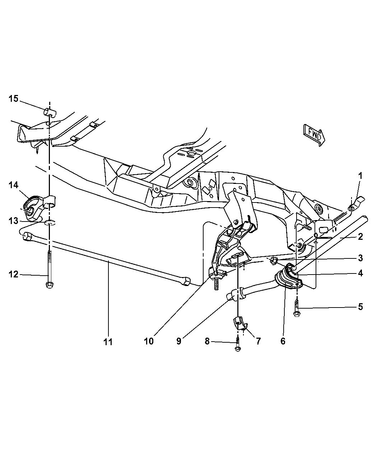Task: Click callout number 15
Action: pos(13,99)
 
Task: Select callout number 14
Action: pos(13,185)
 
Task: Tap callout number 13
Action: pos(13,221)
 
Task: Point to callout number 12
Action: pos(13,275)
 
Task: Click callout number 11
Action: pos(108,342)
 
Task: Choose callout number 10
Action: pos(149,341)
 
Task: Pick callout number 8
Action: pos(207,341)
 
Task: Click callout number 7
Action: pos(258,341)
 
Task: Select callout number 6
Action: pos(283,341)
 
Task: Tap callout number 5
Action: pos(360,307)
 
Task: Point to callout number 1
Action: pos(360,176)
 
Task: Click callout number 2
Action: pos(360,237)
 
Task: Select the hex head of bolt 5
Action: pos(297,314)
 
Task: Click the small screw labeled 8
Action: pos(239,346)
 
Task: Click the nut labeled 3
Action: pos(274,260)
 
